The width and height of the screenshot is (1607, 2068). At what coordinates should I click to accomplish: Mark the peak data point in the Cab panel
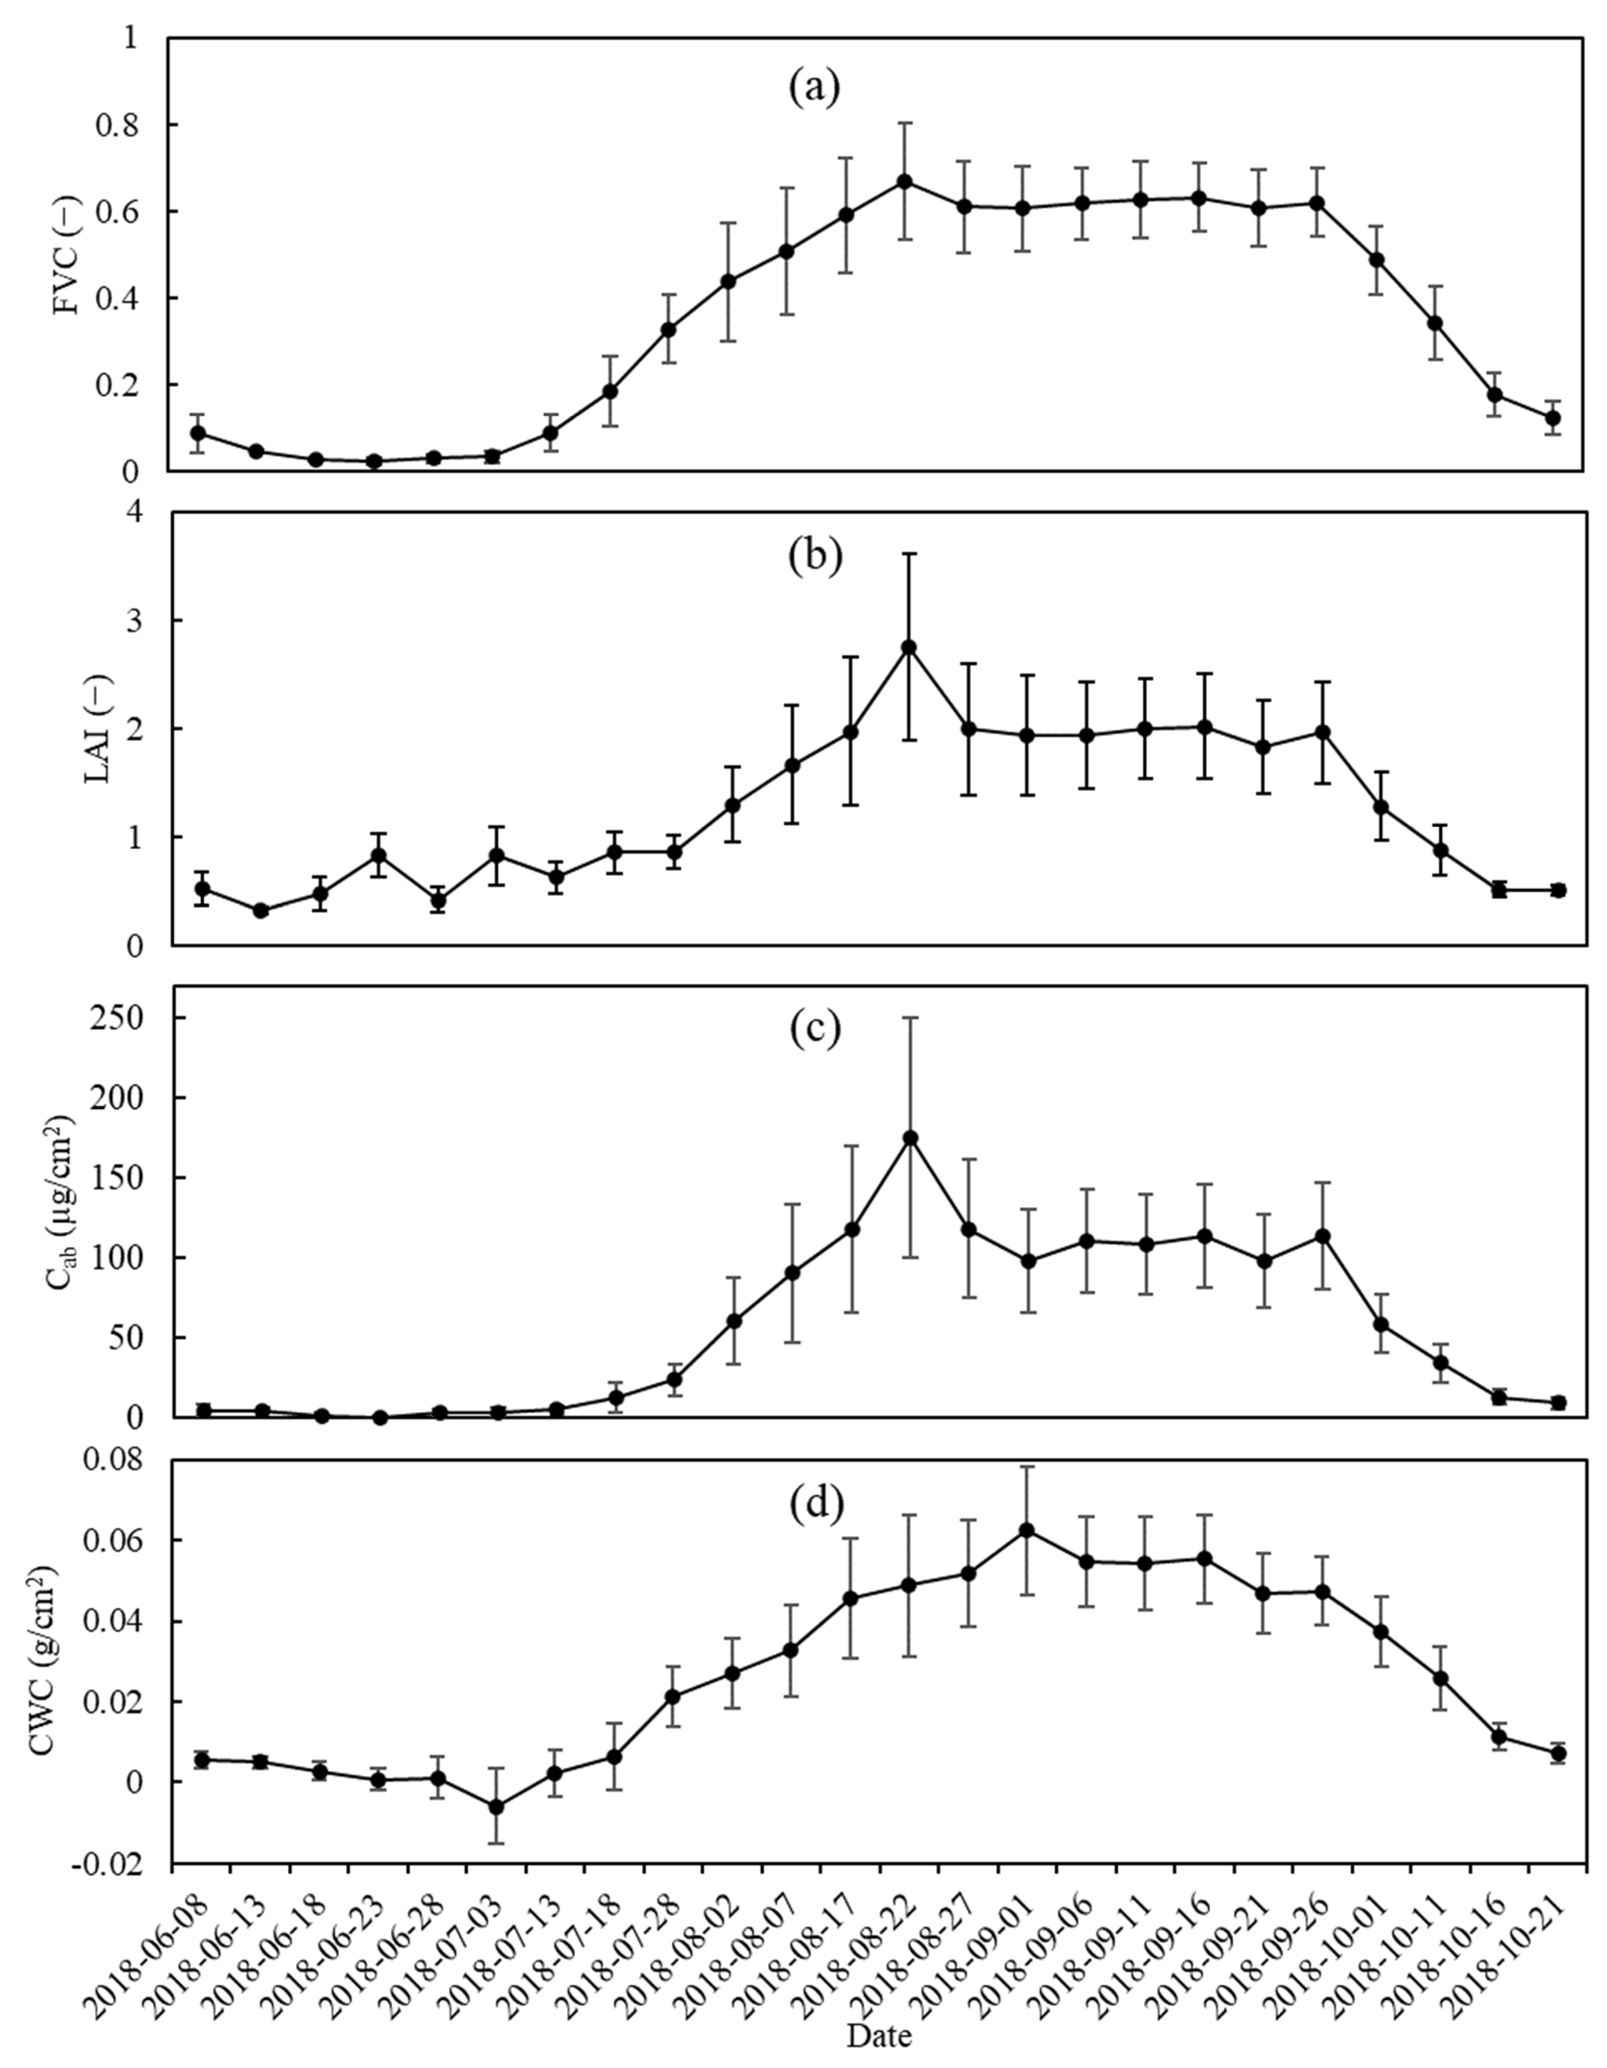click(x=910, y=1137)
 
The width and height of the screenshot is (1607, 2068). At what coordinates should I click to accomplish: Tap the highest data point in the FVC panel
click(x=904, y=181)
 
